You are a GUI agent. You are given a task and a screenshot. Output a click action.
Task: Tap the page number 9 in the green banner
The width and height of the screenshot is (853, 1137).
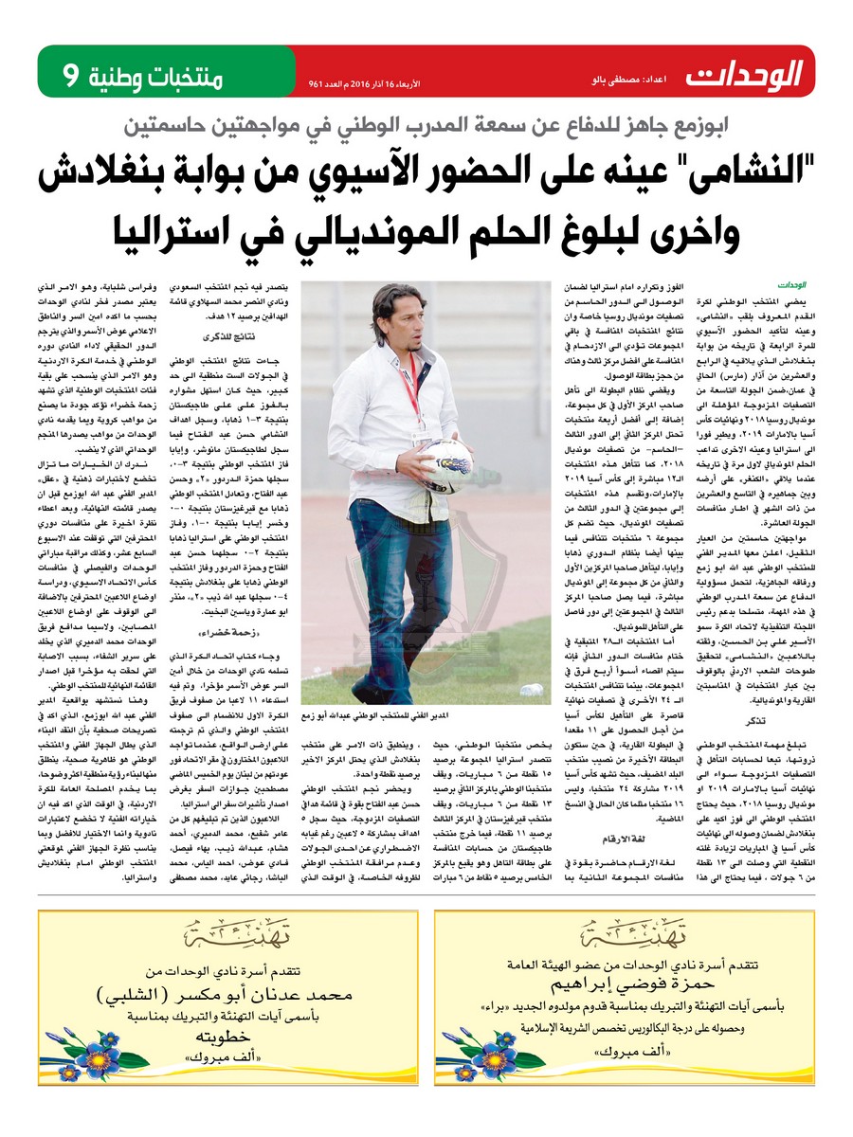click(x=70, y=73)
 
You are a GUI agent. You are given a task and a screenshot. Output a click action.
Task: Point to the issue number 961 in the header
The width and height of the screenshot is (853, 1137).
click(x=317, y=83)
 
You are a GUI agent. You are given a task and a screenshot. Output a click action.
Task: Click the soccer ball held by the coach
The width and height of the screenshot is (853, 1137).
click(x=446, y=460)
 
